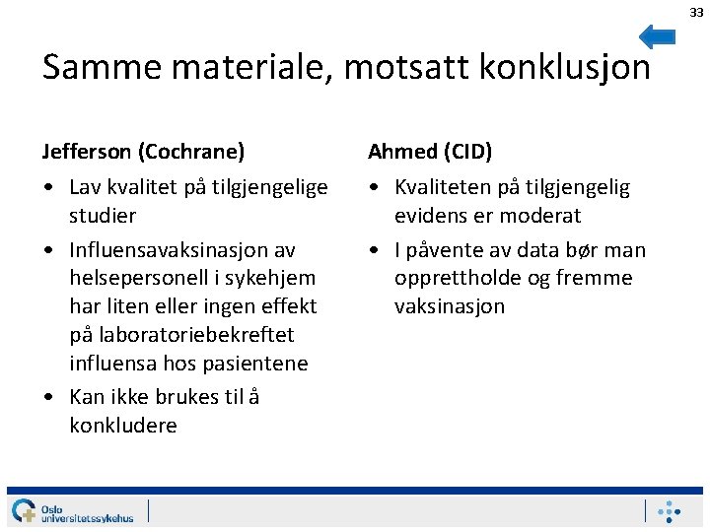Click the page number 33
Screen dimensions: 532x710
tap(696, 12)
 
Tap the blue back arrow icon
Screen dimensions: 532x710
tap(657, 36)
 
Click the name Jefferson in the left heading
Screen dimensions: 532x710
tap(87, 151)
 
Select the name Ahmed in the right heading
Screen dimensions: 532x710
tap(402, 151)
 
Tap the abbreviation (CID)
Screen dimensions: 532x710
tap(467, 151)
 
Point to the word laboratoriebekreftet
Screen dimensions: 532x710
tap(180, 335)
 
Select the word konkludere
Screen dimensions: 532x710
tap(123, 426)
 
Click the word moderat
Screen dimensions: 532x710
tap(541, 215)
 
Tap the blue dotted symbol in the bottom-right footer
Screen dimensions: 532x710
tap(670, 511)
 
